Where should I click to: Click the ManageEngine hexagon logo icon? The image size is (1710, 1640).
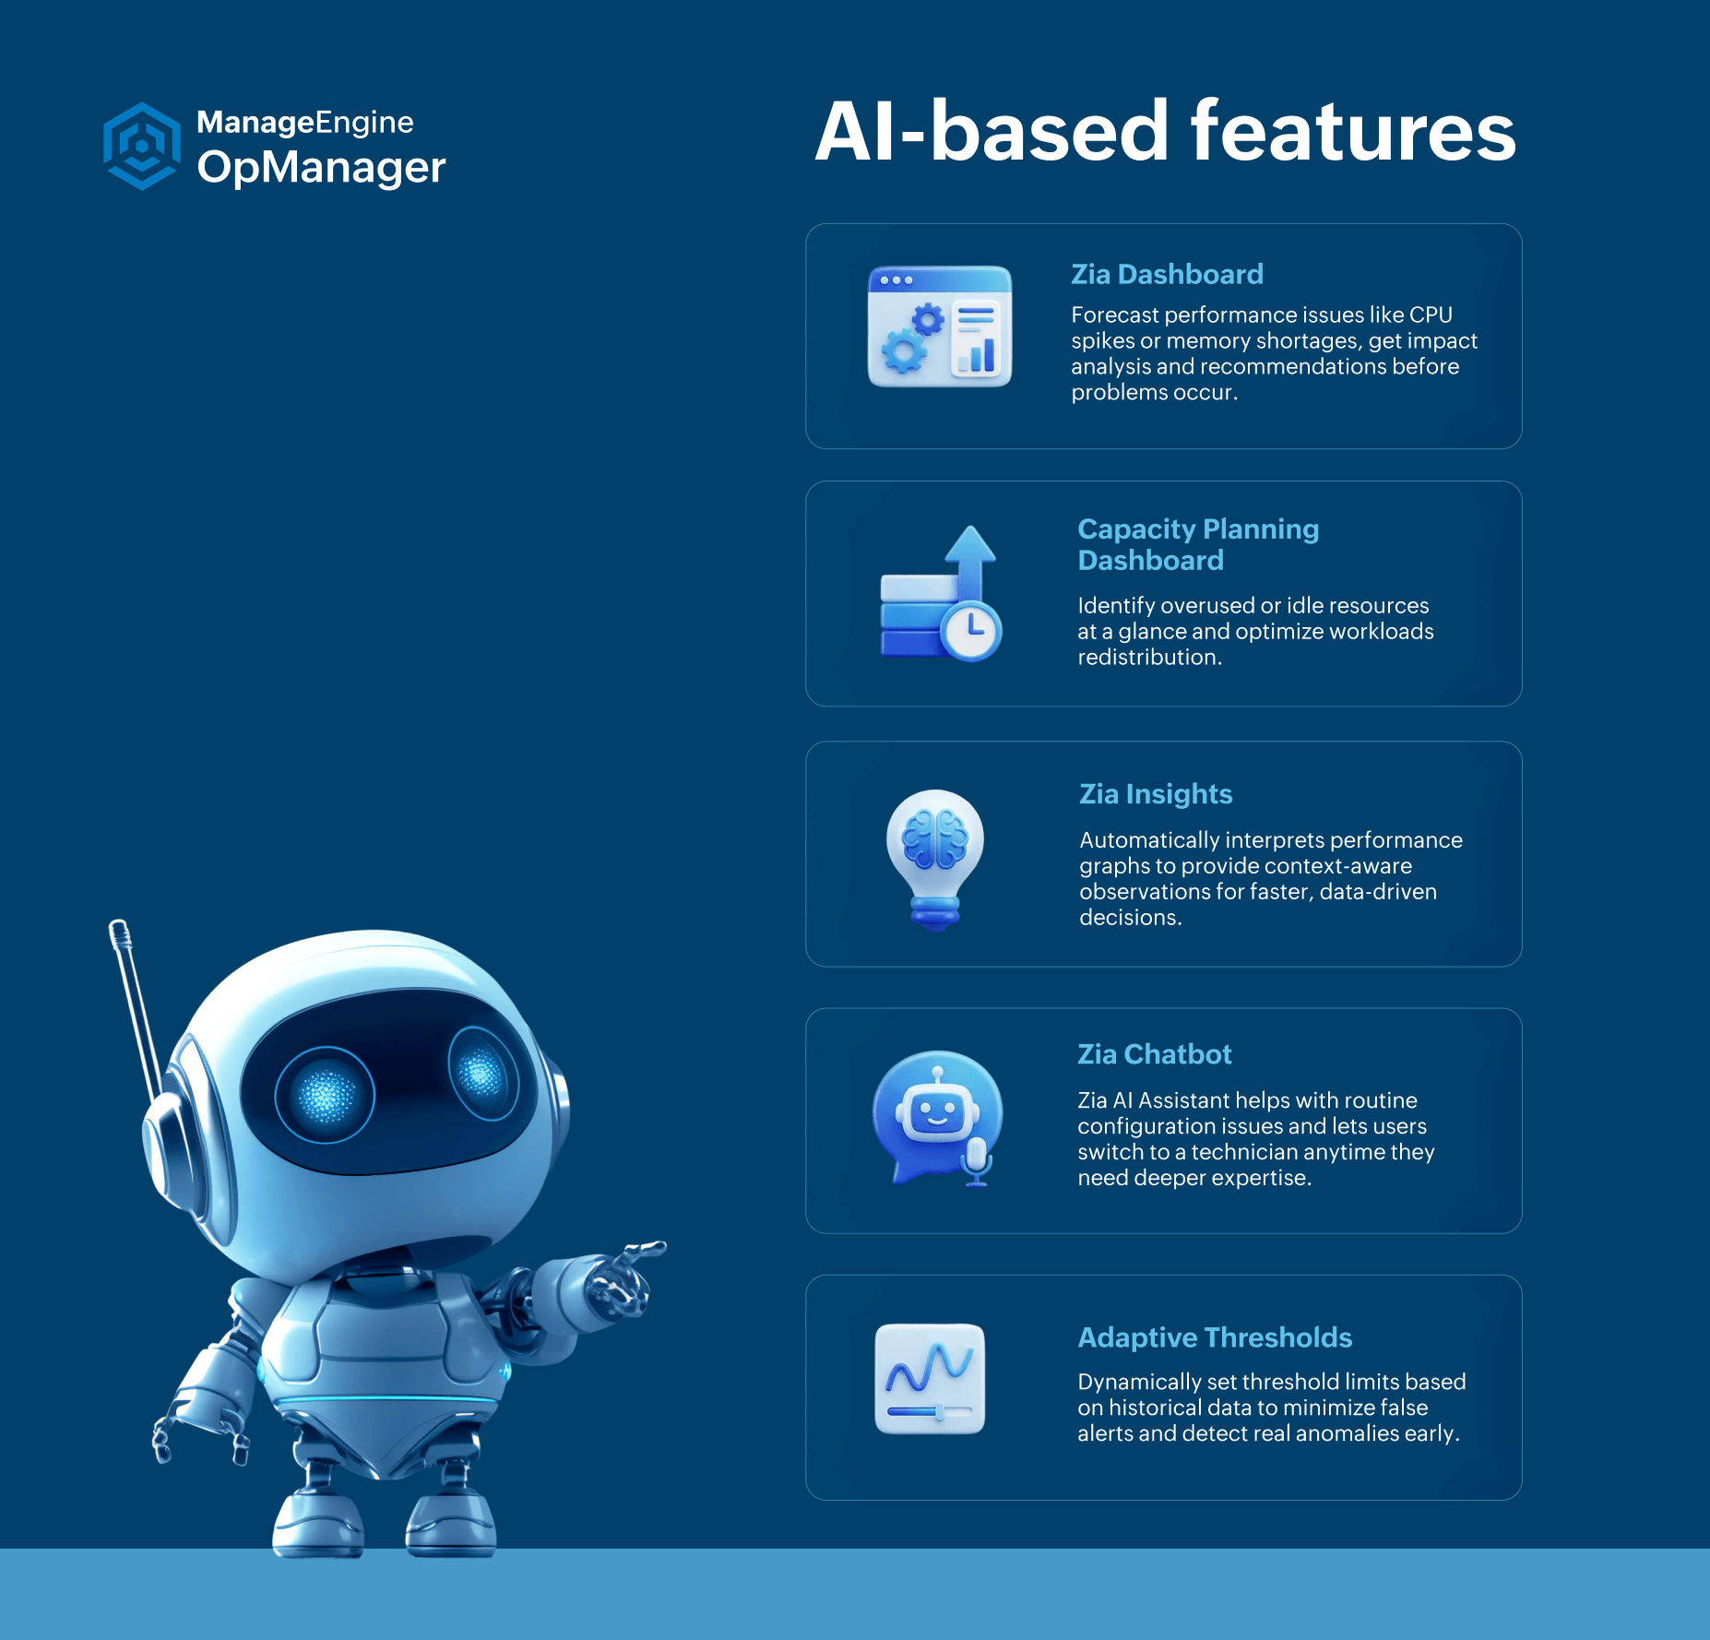tap(141, 146)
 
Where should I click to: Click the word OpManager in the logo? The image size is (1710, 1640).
tap(321, 168)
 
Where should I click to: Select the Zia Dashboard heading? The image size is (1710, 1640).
tap(1167, 274)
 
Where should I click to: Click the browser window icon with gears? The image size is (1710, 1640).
tap(940, 327)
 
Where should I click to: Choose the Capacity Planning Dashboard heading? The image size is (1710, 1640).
tap(1198, 544)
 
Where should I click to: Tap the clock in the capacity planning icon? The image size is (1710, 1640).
tap(971, 631)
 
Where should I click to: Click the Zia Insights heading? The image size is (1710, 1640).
tap(1156, 794)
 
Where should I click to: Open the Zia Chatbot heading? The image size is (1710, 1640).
tap(1155, 1054)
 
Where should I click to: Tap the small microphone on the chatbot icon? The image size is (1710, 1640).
tap(977, 1161)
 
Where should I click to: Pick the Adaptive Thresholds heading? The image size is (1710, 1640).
tap(1215, 1337)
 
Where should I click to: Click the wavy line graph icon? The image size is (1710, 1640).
tap(930, 1379)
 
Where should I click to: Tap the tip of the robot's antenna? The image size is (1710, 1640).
tap(117, 924)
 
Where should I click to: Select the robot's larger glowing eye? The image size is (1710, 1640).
tap(325, 1095)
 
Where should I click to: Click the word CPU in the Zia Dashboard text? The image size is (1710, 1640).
tap(1431, 315)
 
